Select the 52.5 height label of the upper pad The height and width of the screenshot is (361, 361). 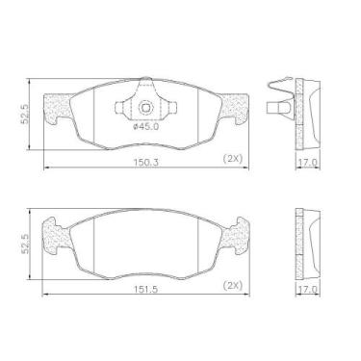click(x=26, y=114)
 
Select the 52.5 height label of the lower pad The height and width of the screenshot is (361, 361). click(x=26, y=244)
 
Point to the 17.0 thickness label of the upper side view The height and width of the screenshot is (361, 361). click(x=307, y=163)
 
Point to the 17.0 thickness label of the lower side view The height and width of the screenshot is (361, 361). click(x=307, y=290)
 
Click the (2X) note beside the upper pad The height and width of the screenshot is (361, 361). click(x=233, y=159)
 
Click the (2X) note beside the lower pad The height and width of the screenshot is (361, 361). click(x=233, y=285)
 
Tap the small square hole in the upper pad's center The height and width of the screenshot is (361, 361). click(x=145, y=107)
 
